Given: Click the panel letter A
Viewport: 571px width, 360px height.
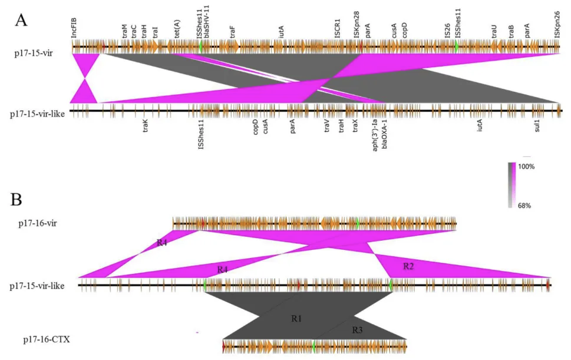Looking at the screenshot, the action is point(21,19).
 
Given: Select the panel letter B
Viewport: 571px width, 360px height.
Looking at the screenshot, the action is point(16,200).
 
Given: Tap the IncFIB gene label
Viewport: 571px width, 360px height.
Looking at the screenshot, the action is point(74,28).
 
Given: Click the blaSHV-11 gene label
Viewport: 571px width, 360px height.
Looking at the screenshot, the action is point(206,21).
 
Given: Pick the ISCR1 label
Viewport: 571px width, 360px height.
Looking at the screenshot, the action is point(338,28).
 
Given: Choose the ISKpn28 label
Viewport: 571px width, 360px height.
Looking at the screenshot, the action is point(357,24).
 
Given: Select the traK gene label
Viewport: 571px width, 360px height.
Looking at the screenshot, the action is point(146,125).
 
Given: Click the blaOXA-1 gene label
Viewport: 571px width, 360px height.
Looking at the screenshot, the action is point(385,134).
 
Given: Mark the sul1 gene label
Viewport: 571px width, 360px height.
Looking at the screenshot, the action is point(537,125).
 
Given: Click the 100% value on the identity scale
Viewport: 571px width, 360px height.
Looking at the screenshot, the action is point(526,167).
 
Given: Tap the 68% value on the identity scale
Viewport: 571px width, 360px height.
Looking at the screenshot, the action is point(524,206).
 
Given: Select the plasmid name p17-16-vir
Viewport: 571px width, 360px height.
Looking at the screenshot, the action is point(38,223).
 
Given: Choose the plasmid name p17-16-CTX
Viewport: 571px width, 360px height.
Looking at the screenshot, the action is point(47,339).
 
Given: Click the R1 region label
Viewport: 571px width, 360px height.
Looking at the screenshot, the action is point(296,319).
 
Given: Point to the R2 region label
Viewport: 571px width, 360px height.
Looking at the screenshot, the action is point(408,266).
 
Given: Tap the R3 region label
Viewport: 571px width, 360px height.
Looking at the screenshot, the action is point(357,330).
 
